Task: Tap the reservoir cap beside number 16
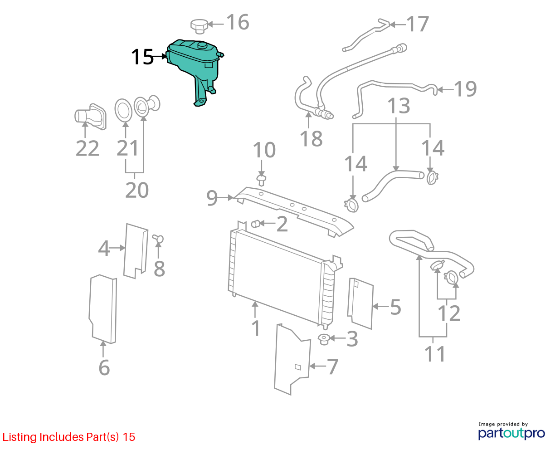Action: point(200,26)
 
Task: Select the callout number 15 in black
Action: point(142,57)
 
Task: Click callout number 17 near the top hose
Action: point(418,24)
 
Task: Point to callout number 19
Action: point(465,89)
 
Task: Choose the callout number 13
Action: point(399,106)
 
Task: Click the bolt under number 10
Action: point(261,180)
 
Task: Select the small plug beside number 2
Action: point(256,224)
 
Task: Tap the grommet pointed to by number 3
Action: point(324,339)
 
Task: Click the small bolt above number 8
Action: point(158,239)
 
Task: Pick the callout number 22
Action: point(88,149)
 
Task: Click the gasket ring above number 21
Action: point(123,110)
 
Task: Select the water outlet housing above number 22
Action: point(90,117)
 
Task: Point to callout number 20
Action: point(137,190)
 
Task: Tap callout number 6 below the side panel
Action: point(104,368)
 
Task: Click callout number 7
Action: point(332,367)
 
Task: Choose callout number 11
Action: point(435,354)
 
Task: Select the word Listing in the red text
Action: point(20,437)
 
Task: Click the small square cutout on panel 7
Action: point(297,367)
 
